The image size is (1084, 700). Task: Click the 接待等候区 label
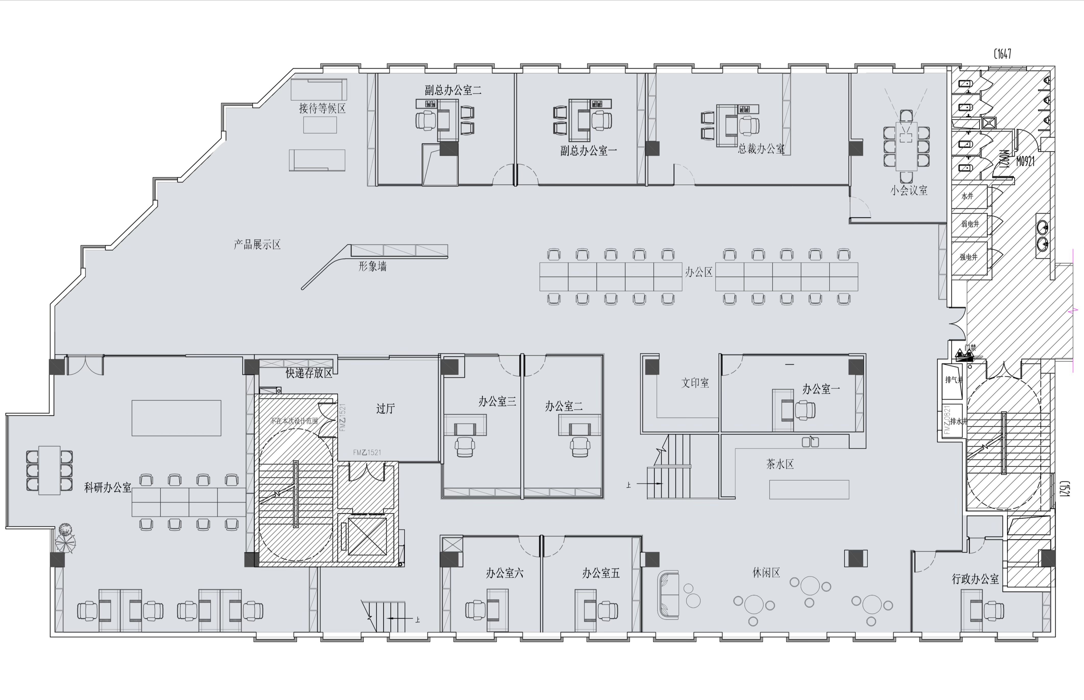point(322,108)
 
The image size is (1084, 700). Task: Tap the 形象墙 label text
point(372,266)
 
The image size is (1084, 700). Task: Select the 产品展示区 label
point(257,245)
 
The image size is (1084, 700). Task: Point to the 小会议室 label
point(909,190)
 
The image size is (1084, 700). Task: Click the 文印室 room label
point(695,383)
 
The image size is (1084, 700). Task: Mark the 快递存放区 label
point(309,373)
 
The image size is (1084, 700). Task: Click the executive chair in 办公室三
point(464,446)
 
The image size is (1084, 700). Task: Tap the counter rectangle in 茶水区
point(809,490)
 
